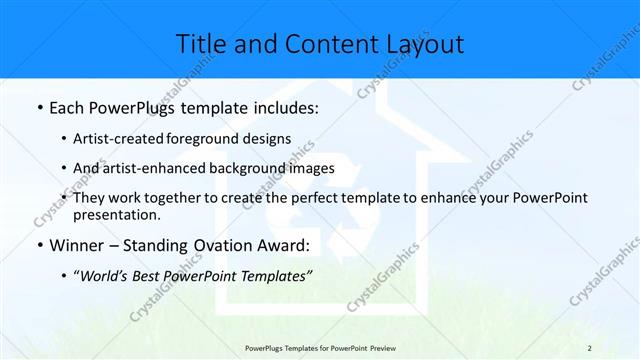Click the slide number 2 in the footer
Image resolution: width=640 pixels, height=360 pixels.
(x=589, y=347)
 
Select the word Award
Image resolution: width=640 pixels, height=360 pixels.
(x=283, y=246)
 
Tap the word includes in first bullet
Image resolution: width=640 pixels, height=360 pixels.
(x=285, y=108)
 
